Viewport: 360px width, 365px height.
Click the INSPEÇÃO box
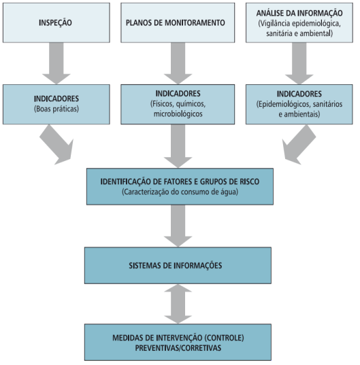click(56, 23)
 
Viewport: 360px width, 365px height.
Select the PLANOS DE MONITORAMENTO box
click(178, 23)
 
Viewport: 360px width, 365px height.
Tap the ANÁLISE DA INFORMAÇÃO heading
click(299, 13)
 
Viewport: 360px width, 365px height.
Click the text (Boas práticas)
click(56, 109)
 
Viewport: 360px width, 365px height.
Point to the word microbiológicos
click(178, 114)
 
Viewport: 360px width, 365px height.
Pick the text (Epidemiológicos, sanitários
click(299, 104)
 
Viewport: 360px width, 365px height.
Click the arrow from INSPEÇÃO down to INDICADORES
click(56, 63)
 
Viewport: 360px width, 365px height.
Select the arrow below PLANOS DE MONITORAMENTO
click(178, 63)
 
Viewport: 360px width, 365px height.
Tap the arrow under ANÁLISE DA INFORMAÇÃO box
click(299, 63)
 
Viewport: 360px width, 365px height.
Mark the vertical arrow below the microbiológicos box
click(178, 146)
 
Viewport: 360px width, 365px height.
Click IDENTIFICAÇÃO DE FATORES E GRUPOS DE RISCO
click(180, 181)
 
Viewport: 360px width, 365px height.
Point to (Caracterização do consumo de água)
click(180, 192)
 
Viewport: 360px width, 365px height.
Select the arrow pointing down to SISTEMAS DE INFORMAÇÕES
click(178, 226)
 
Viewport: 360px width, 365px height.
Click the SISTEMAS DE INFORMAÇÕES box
click(178, 265)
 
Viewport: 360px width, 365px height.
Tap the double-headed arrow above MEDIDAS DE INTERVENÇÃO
click(178, 304)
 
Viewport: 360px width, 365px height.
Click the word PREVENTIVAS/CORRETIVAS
click(178, 348)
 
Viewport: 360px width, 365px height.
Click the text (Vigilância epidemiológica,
click(299, 23)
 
